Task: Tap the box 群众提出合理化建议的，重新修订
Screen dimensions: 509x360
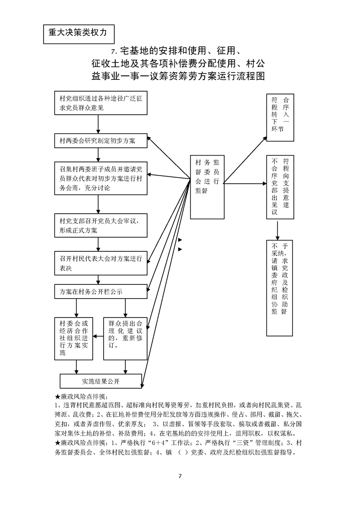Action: pos(125,338)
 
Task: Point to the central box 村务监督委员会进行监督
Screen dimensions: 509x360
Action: pos(207,186)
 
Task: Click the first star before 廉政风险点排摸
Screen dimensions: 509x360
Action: pos(57,396)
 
